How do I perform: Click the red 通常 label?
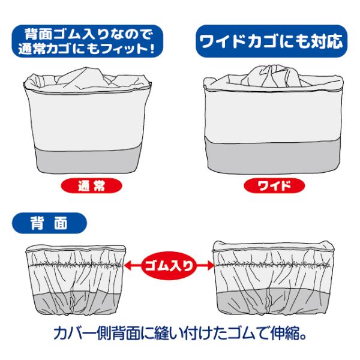pos(91,185)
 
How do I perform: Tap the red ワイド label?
pos(274,185)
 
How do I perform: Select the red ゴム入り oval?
pos(169,266)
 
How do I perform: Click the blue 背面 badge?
pos(49,223)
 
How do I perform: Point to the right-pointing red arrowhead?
pos(209,266)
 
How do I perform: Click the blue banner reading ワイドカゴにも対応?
pos(271,41)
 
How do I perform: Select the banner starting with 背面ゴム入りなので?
pos(88,41)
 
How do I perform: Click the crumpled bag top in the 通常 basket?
pos(87,79)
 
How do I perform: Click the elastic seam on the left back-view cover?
pos(76,265)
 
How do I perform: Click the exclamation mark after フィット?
pos(152,49)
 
